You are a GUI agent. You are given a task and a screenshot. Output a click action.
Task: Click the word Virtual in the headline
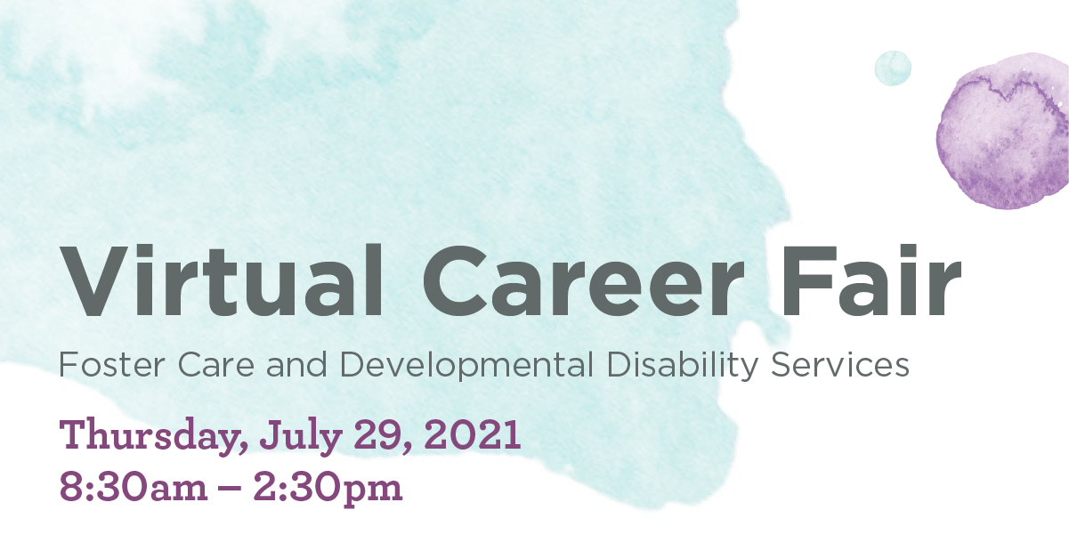pyautogui.click(x=221, y=280)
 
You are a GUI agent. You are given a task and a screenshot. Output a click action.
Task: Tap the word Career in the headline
pyautogui.click(x=584, y=281)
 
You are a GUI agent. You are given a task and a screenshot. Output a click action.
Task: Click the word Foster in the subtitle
pyautogui.click(x=111, y=365)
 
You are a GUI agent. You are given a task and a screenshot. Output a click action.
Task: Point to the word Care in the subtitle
pyautogui.click(x=216, y=365)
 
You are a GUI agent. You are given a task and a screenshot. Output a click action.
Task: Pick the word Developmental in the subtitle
pyautogui.click(x=466, y=366)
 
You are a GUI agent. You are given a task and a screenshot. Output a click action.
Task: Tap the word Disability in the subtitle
pyautogui.click(x=683, y=366)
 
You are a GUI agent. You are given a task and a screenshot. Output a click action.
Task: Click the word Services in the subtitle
pyautogui.click(x=840, y=365)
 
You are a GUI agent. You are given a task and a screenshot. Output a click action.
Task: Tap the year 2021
pyautogui.click(x=472, y=433)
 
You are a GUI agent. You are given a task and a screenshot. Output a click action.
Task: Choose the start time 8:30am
pyautogui.click(x=134, y=487)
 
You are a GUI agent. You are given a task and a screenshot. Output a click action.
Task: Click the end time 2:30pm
pyautogui.click(x=328, y=488)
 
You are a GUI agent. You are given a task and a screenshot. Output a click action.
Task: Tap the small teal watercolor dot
pyautogui.click(x=893, y=69)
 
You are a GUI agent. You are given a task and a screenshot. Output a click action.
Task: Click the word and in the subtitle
pyautogui.click(x=296, y=365)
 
